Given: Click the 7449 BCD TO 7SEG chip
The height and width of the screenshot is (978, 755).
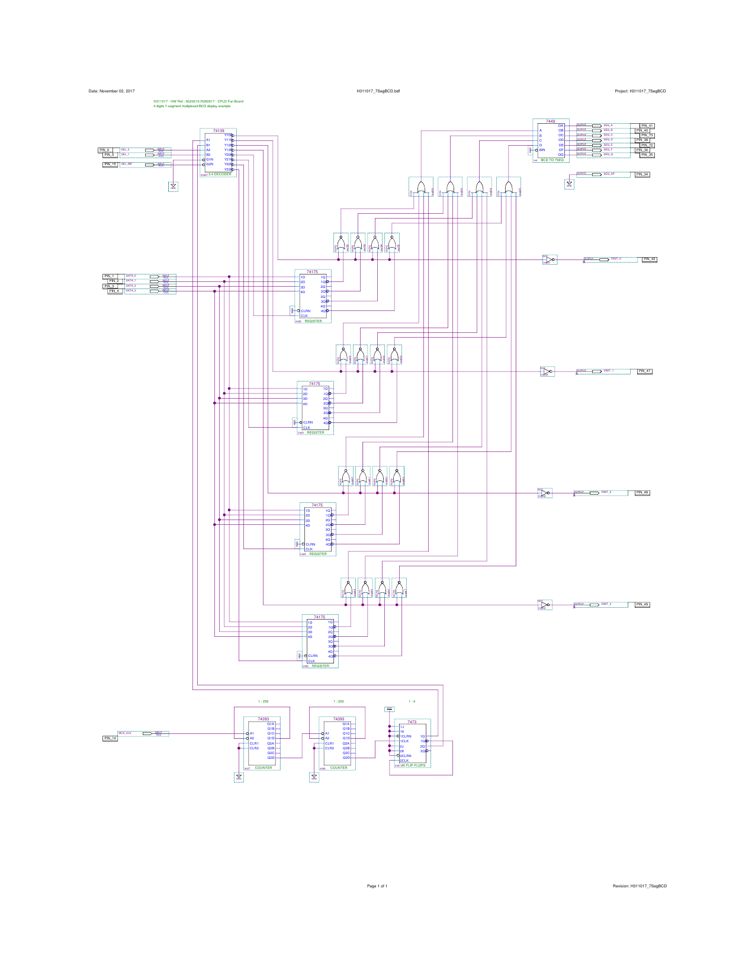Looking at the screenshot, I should coord(551,141).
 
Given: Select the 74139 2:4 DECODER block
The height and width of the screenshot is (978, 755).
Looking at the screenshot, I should coord(218,152).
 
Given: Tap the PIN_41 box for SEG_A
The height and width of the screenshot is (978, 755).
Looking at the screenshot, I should coord(647,126).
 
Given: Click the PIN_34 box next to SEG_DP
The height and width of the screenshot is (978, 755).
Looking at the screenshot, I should coord(642,175).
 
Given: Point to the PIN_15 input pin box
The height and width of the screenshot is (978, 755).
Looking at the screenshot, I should coord(110,164).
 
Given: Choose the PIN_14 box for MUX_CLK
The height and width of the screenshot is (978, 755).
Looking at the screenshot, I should coord(110,738).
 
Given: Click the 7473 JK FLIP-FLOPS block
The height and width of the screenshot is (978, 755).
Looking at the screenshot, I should coord(412,744).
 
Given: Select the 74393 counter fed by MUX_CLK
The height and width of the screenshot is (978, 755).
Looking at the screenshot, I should coord(262,743).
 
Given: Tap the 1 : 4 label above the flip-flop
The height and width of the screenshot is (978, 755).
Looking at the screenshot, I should coord(412,701).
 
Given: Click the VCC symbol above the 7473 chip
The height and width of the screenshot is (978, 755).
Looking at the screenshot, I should coord(389,709).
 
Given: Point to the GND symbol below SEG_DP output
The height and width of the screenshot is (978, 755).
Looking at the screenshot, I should coord(569,184).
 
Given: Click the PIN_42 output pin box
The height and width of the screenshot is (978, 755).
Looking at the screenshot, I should coord(649,259).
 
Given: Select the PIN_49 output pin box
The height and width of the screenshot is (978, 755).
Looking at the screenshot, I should coord(642,605).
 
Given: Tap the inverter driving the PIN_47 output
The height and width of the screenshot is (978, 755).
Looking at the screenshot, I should coord(547,371).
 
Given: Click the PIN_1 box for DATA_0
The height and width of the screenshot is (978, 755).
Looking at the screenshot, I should coord(109,276).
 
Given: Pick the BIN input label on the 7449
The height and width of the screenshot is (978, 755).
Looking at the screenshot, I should coord(542,150).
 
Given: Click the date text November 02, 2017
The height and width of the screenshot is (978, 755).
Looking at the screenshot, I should coord(112,91).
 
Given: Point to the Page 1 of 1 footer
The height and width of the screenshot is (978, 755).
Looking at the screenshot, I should coord(377,886).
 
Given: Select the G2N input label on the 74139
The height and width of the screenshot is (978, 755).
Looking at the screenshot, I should coord(210,164).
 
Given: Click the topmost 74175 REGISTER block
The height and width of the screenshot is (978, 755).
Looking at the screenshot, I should coord(313,296).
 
